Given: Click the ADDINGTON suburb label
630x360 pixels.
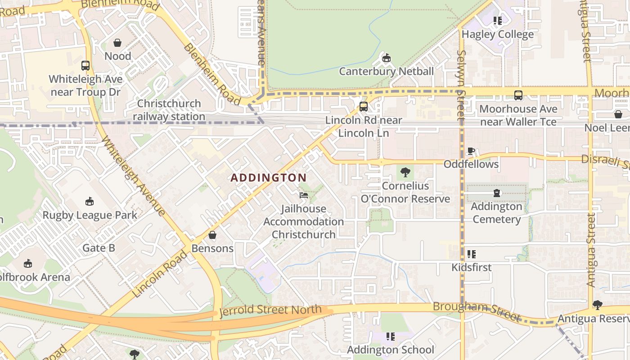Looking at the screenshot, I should pos(268,178).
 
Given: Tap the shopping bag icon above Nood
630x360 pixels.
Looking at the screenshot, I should pos(117,43).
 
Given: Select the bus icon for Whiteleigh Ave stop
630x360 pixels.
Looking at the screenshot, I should pos(85,66).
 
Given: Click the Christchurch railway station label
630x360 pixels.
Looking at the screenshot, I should pos(169,110).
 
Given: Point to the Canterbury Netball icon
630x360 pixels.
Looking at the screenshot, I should pos(386,58).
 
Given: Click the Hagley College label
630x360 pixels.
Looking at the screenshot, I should pos(497,34).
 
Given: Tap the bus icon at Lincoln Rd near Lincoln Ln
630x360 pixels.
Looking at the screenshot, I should pos(364,107).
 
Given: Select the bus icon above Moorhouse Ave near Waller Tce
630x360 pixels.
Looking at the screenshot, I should pos(518,95).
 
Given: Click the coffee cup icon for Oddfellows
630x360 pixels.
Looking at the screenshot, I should pos(471,151).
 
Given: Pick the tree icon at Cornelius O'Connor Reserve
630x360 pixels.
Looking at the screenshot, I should pos(405,172).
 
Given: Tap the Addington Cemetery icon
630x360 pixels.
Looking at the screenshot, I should pos(496,193).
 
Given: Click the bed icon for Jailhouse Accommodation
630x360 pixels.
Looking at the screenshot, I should pos(304,195).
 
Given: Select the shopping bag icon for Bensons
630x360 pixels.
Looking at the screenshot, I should pos(212,235).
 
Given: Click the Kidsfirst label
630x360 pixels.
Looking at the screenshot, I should pos(472,267).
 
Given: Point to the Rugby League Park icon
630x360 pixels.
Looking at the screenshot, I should pos(90,201).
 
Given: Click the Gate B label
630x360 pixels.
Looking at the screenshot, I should pos(99,248).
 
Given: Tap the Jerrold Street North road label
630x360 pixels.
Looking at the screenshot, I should pos(270,310).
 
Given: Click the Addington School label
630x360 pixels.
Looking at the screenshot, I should pos(390,350).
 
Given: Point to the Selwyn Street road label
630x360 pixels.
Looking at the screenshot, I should pos(460,85).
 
